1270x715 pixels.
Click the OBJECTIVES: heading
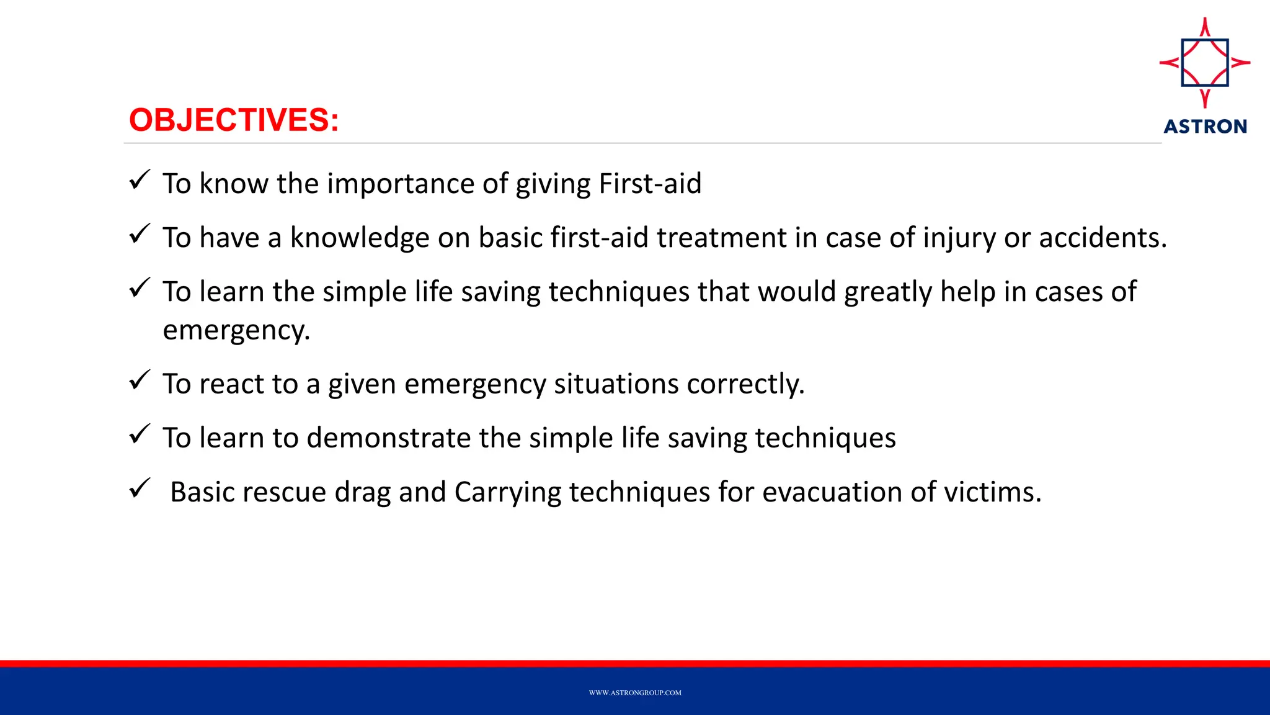[x=234, y=120]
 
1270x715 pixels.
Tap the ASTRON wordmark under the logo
[x=1205, y=127]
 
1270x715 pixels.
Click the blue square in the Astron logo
[x=1205, y=62]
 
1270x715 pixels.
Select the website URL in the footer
[x=635, y=693]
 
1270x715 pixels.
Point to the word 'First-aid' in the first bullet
[x=650, y=184]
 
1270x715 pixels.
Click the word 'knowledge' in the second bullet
[x=360, y=238]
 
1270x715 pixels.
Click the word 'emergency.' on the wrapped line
[x=236, y=330]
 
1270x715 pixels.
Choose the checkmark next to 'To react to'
[x=140, y=380]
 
